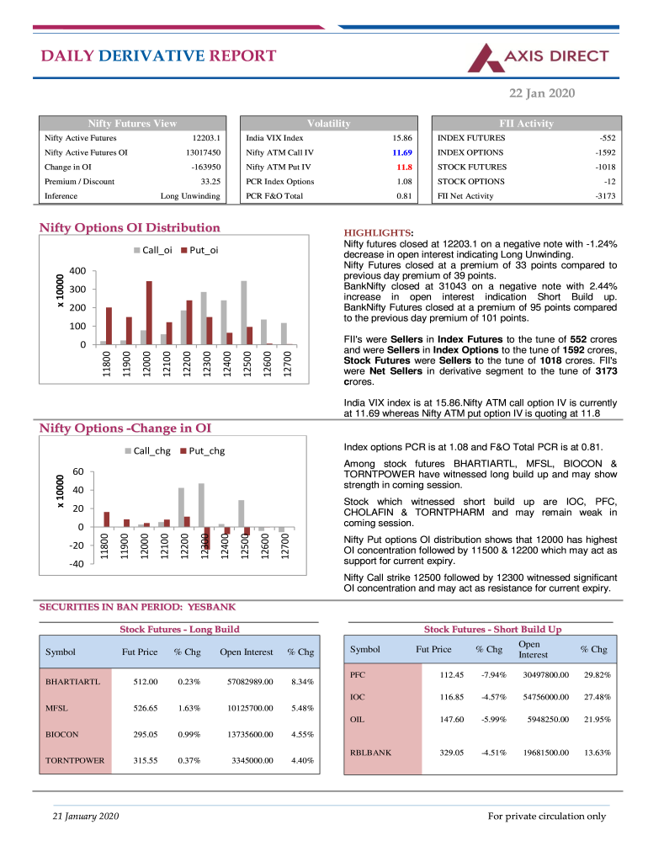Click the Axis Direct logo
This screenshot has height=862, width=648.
(x=539, y=57)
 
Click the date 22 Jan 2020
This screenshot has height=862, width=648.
(x=543, y=93)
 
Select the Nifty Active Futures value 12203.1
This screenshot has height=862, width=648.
(x=206, y=137)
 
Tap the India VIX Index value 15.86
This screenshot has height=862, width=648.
(x=401, y=137)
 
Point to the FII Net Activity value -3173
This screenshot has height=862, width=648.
(x=604, y=195)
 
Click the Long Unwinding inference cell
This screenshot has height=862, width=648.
(x=190, y=195)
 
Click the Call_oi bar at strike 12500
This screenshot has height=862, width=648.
(x=243, y=312)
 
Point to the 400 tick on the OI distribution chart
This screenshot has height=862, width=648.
(x=77, y=271)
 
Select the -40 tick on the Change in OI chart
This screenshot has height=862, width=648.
(x=76, y=564)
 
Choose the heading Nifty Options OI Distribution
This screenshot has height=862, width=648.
(x=130, y=227)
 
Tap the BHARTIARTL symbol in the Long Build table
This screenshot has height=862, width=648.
(x=73, y=681)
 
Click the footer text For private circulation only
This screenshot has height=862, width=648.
(x=547, y=816)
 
